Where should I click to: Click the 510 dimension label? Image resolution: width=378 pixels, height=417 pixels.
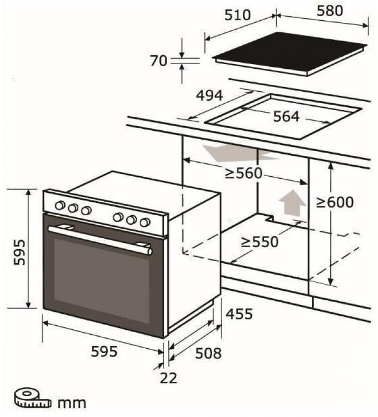click(238, 15)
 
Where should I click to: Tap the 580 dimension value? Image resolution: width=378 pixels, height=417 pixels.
click(330, 11)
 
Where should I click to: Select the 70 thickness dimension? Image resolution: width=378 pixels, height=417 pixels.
click(158, 61)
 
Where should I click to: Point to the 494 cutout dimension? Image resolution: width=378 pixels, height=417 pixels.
click(210, 96)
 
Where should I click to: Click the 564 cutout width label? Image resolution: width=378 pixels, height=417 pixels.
click(286, 116)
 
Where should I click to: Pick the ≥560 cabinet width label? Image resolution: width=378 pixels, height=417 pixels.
click(243, 174)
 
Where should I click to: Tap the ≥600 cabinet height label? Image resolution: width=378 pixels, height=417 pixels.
click(335, 202)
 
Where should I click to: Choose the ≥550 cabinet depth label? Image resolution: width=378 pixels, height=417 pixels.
click(259, 242)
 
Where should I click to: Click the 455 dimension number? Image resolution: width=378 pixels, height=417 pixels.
click(239, 314)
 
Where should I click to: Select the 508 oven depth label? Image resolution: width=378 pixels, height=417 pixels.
click(208, 353)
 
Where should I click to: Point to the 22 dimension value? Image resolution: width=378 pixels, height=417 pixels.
click(168, 378)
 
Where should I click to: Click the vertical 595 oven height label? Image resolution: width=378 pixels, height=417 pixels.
click(20, 252)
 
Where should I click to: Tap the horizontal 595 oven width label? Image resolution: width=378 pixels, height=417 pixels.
click(104, 351)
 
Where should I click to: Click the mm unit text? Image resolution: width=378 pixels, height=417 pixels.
click(72, 403)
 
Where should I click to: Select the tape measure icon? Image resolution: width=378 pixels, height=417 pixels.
click(32, 399)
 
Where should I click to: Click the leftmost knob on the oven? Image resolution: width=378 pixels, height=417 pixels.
click(60, 205)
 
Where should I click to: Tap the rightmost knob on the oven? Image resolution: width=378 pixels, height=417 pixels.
click(145, 222)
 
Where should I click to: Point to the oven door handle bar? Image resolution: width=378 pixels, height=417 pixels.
click(100, 240)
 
